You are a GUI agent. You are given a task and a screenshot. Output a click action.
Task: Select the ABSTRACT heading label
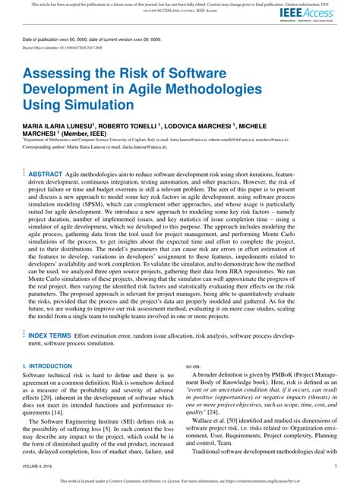coord(46,175)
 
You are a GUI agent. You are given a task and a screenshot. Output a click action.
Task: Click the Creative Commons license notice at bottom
coord(179,480)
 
